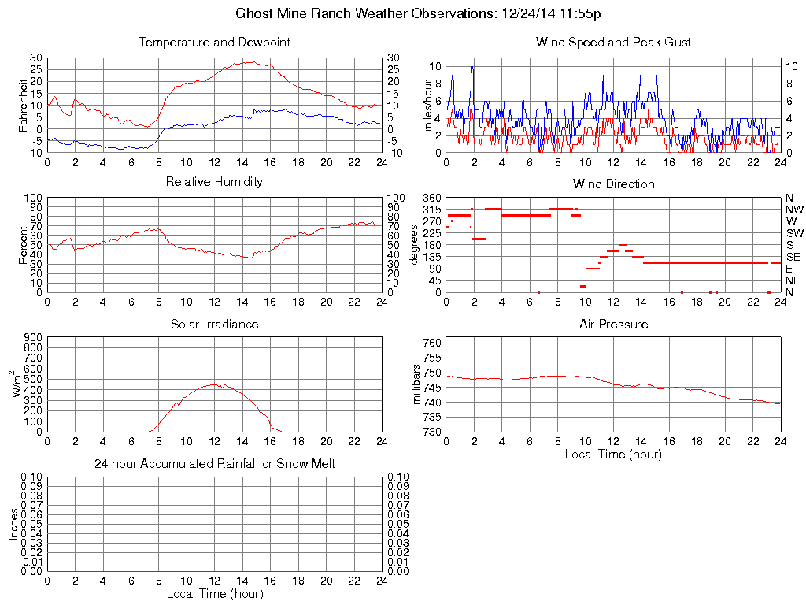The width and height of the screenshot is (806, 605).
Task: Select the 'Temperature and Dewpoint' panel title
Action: pos(214,42)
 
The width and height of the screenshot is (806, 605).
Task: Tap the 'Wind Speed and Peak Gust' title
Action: pos(613,42)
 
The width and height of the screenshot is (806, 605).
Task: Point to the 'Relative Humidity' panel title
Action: pos(214,182)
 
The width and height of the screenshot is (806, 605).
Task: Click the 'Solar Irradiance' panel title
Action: pos(214,324)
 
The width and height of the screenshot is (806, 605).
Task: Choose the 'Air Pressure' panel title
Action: pos(613,324)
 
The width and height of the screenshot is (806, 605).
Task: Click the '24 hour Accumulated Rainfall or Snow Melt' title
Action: pos(214,464)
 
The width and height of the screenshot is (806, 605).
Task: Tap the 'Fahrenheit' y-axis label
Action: pos(23,104)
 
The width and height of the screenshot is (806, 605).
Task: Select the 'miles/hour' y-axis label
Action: pos(429,104)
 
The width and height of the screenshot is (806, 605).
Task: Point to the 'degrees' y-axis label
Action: pos(415,245)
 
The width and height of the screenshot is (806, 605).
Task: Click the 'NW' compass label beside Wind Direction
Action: pos(793,210)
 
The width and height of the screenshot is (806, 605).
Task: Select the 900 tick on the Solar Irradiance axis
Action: pos(32,337)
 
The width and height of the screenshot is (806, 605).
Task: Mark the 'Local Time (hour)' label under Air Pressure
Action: pos(613,454)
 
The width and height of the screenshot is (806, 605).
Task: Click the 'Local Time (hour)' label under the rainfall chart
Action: pos(214,593)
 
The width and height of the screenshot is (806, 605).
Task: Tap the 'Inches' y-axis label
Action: pos(13,524)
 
